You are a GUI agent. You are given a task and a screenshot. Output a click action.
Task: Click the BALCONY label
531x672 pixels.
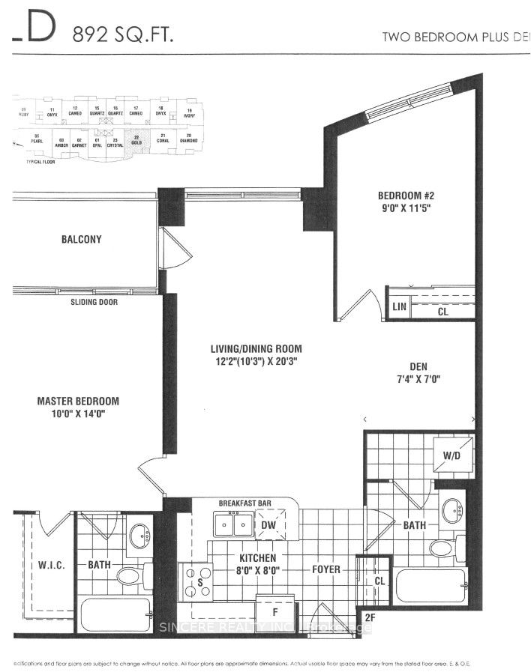click(82, 240)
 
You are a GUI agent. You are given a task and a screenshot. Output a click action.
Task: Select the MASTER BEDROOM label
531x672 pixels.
click(78, 402)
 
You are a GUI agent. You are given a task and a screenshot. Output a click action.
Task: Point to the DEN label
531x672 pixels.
click(418, 366)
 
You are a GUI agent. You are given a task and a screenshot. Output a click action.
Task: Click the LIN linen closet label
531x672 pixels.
click(399, 307)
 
